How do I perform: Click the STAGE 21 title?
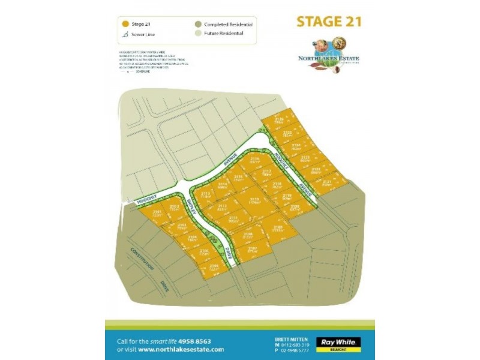coord(329,22)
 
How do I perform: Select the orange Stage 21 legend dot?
coord(125,24)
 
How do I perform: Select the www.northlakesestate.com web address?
coord(187,349)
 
